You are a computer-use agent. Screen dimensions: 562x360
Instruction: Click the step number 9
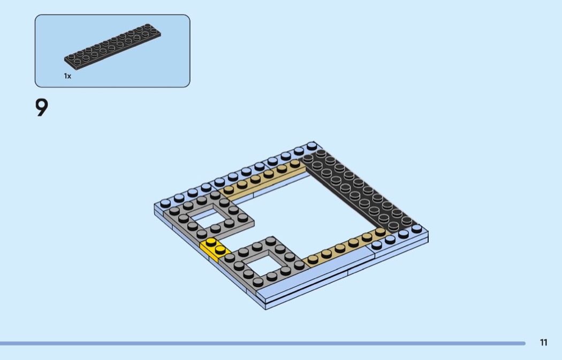[42, 108]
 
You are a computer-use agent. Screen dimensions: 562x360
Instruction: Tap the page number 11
[543, 342]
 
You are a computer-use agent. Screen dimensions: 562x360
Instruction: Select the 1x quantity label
[67, 76]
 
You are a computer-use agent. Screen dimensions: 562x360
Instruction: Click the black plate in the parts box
[112, 47]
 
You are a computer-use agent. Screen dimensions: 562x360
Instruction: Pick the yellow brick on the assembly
[215, 249]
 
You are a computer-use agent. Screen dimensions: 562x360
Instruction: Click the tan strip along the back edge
[262, 181]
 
